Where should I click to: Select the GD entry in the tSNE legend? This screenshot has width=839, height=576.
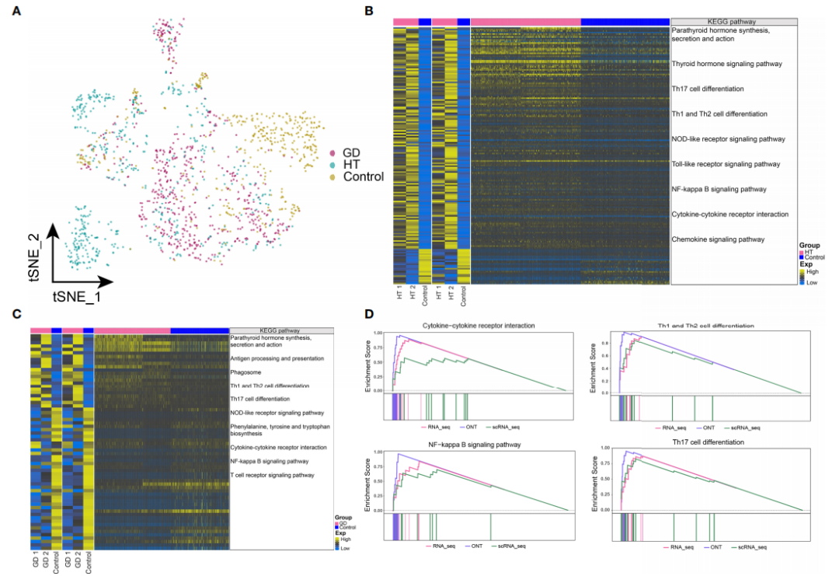tap(350, 152)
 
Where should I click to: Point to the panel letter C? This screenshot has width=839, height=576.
tap(17, 315)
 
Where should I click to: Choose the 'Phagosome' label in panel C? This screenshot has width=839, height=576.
tap(248, 372)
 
